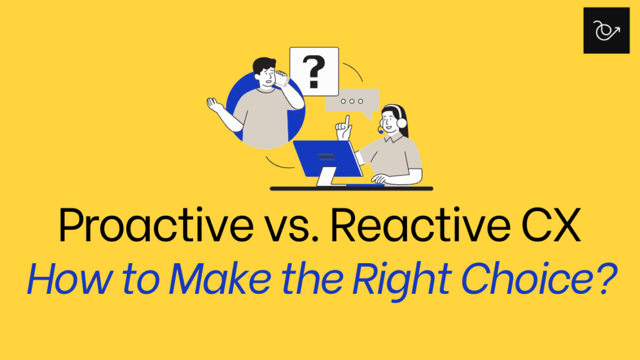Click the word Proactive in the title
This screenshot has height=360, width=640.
(x=156, y=225)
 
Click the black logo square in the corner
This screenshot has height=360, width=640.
(x=606, y=31)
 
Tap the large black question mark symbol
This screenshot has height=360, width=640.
(x=314, y=72)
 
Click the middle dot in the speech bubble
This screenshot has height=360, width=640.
(x=352, y=101)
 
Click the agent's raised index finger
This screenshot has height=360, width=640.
(x=347, y=122)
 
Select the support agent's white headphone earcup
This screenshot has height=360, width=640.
(x=402, y=123)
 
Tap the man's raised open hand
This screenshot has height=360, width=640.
(x=215, y=105)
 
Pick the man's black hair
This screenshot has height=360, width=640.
(x=264, y=65)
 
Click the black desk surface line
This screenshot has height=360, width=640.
(x=351, y=189)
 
